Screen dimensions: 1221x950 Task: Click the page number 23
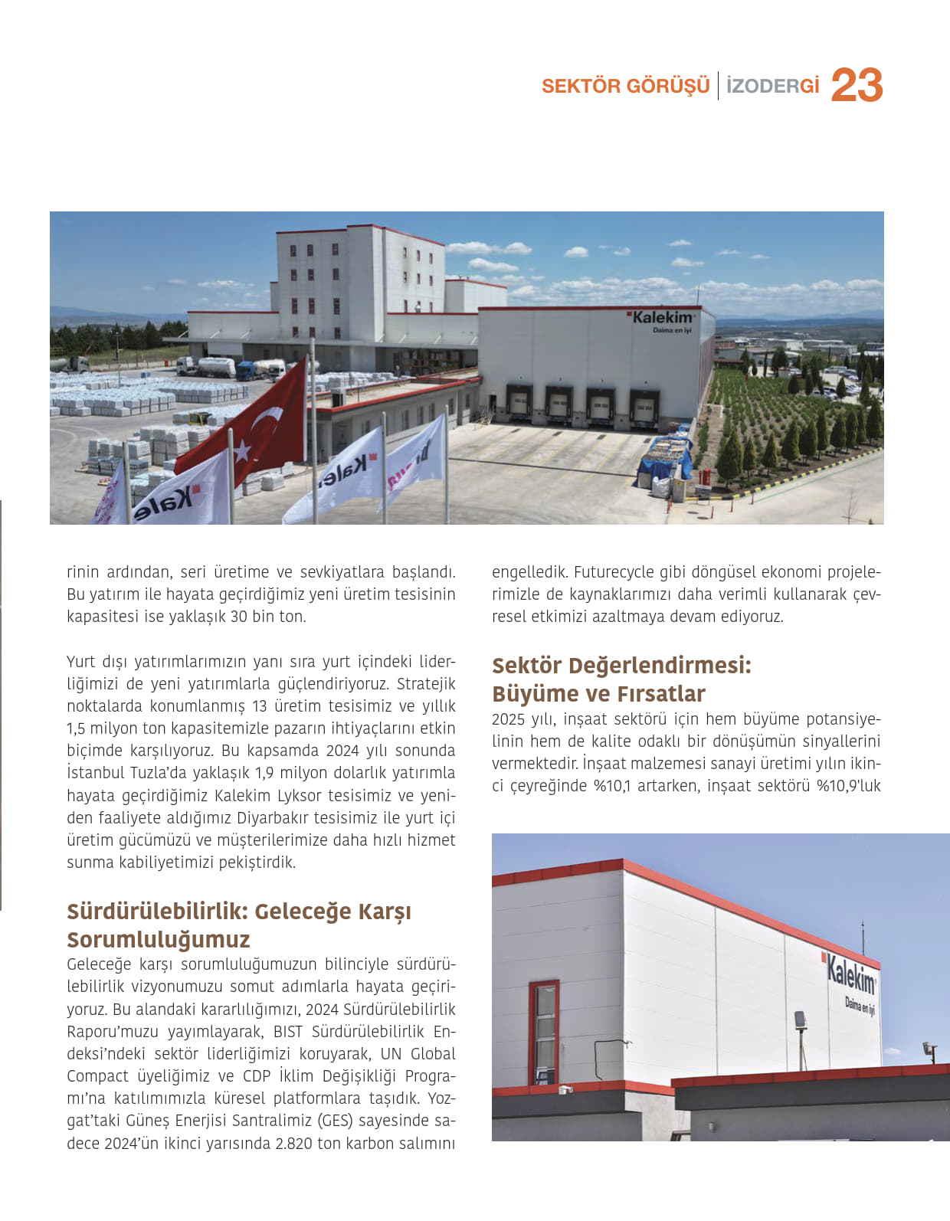[857, 85]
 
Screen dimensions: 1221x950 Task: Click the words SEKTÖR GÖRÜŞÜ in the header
[625, 86]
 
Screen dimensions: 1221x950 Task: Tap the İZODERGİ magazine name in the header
[772, 86]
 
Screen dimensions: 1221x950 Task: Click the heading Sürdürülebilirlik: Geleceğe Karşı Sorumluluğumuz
[239, 925]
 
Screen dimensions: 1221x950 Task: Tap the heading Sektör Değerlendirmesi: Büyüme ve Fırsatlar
[621, 679]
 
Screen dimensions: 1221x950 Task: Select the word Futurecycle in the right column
[609, 571]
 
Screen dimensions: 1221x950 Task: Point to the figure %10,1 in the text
[612, 785]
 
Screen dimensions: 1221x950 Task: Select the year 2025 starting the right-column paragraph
[508, 719]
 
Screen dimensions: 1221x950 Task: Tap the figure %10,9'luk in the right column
[849, 785]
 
